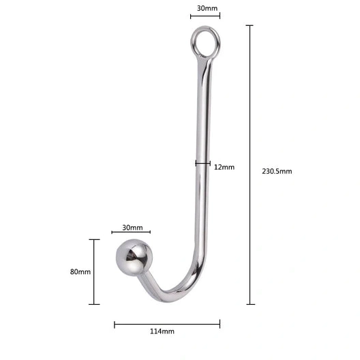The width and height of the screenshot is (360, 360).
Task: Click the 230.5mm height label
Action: tap(277, 171)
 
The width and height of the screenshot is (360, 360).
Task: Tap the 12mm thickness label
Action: tap(224, 167)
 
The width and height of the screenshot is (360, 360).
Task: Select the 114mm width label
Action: tap(162, 331)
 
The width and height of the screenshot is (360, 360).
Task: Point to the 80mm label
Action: tap(80, 271)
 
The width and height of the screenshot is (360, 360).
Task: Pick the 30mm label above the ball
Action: tap(132, 228)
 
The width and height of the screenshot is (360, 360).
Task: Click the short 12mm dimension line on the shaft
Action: tap(202, 163)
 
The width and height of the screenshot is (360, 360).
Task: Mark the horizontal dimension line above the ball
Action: tap(131, 233)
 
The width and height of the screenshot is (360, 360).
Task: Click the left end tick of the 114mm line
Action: tap(115, 324)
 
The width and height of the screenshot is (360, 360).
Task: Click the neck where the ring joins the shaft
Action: tap(205, 60)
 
